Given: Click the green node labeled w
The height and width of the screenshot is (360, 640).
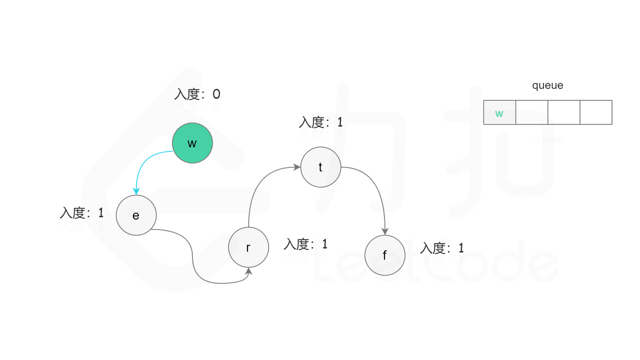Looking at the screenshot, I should [x=192, y=143].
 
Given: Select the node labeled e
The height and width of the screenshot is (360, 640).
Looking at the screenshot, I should [x=136, y=215].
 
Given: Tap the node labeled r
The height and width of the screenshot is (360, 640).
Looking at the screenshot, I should [x=248, y=247].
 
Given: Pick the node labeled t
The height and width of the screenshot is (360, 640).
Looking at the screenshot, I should [x=320, y=167].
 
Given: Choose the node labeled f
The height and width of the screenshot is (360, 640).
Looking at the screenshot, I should [x=384, y=255].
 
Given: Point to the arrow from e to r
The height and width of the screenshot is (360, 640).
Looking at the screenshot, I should [x=193, y=260].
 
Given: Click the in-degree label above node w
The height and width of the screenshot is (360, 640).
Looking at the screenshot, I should [x=197, y=94].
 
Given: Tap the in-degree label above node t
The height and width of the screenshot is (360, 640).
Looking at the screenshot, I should [x=320, y=122].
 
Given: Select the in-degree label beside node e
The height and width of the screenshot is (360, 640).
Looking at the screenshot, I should [x=81, y=212].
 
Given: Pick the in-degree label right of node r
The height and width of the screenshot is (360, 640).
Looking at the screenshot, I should [x=305, y=244].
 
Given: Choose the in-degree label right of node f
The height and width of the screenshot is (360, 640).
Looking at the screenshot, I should [x=442, y=247].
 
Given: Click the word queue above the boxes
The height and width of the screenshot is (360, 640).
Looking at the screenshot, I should [x=547, y=85].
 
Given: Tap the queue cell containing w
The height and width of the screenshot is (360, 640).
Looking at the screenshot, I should [x=499, y=112].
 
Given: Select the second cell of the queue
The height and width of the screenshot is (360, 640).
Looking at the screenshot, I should [x=531, y=112].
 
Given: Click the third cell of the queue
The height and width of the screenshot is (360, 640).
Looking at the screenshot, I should [x=563, y=112].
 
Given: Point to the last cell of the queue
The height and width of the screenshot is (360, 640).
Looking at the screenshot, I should [x=595, y=112].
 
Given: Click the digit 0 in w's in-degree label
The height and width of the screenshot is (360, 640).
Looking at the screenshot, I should [x=216, y=94].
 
